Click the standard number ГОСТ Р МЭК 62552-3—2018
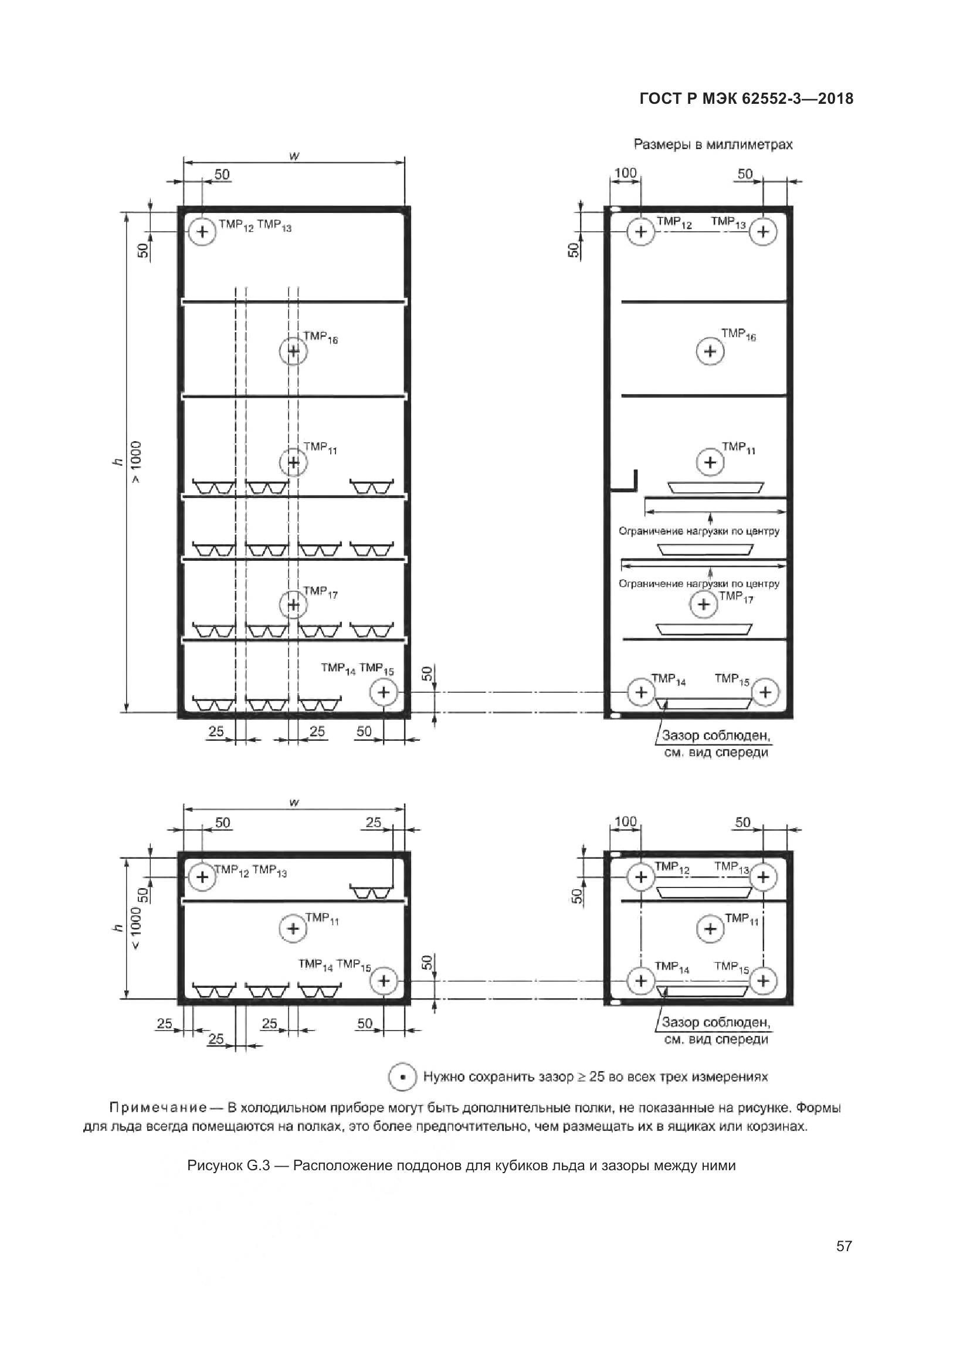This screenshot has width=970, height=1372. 746,99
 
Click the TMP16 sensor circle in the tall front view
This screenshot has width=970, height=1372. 293,351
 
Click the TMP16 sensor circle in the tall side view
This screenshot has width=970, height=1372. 710,351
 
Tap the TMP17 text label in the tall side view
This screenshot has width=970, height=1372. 736,597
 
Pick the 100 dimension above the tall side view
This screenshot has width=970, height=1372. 625,172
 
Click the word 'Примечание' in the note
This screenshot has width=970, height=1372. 158,1108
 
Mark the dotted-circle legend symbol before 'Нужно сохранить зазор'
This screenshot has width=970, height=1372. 402,1078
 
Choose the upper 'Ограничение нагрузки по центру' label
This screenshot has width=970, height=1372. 699,531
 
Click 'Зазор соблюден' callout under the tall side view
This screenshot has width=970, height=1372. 715,736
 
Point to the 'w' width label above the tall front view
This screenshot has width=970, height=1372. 294,156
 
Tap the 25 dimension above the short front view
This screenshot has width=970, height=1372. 374,822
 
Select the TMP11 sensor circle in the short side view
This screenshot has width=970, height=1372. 710,929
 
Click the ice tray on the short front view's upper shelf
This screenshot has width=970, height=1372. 370,893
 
